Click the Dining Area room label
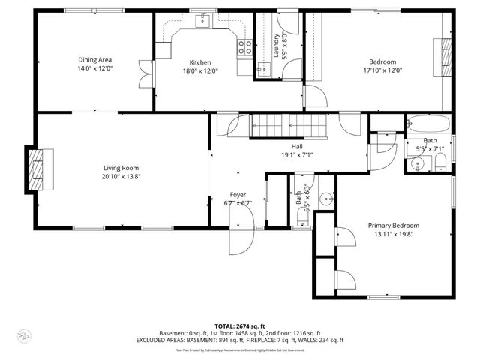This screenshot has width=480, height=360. [x=95, y=60]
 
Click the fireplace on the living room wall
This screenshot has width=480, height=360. [x=35, y=169]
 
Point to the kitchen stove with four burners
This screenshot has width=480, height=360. [x=245, y=49]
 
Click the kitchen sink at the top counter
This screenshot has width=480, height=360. [x=203, y=22]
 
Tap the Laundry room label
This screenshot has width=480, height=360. [x=277, y=46]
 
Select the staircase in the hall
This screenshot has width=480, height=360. [x=289, y=125]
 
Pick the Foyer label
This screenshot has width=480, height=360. [x=238, y=194]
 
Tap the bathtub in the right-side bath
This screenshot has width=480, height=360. [x=428, y=124]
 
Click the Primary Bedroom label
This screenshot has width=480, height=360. [x=393, y=225]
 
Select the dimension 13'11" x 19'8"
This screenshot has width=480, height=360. [x=393, y=234]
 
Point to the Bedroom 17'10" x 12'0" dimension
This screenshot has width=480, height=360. [x=382, y=71]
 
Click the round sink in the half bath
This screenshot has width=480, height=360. [x=326, y=199]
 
